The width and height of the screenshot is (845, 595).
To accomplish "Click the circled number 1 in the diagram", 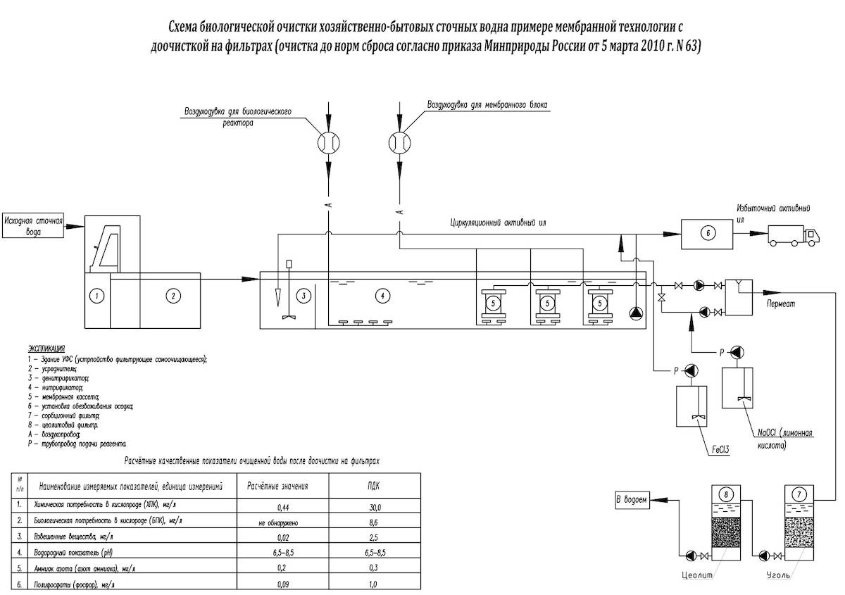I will click(x=98, y=296).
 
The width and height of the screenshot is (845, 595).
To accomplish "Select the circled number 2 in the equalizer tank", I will click(x=172, y=296).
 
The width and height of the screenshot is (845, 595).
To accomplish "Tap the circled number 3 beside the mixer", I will click(x=303, y=296).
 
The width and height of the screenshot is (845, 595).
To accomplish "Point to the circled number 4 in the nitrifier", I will click(x=382, y=296).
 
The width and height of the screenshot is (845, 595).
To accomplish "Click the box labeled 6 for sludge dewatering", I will click(x=708, y=233).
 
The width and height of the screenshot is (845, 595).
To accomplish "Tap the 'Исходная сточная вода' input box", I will click(x=34, y=225).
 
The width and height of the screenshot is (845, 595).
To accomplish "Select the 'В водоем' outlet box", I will click(x=631, y=501).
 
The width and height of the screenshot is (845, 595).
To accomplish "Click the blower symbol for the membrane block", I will click(x=399, y=142).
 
